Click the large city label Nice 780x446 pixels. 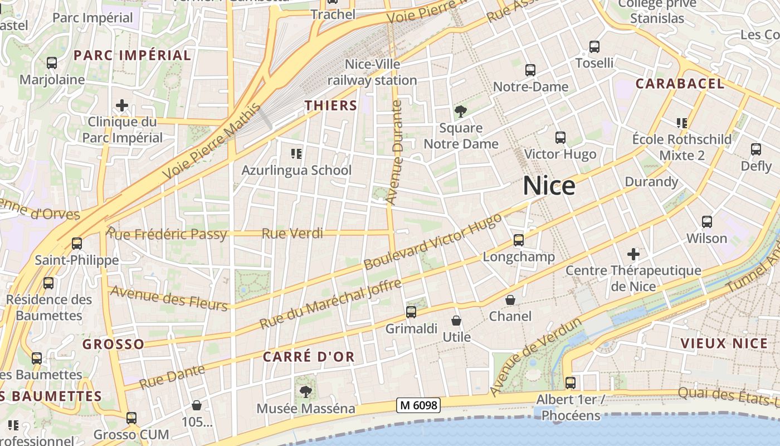pyautogui.click(x=549, y=186)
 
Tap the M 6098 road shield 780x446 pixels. pyautogui.click(x=418, y=405)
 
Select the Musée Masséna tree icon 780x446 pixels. pyautogui.click(x=305, y=392)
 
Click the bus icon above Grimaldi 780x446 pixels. pyautogui.click(x=411, y=312)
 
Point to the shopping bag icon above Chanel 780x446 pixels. pyautogui.click(x=510, y=300)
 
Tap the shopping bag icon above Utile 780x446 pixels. pyautogui.click(x=456, y=321)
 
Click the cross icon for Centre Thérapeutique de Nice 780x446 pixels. pyautogui.click(x=633, y=254)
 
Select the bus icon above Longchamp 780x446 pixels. pyautogui.click(x=519, y=240)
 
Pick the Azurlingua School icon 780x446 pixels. pyautogui.click(x=296, y=153)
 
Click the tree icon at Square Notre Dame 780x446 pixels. pyautogui.click(x=461, y=112)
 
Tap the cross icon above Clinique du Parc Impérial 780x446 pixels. pyautogui.click(x=122, y=105)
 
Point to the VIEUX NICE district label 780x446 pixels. pyautogui.click(x=724, y=343)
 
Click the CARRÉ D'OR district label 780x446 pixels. pyautogui.click(x=309, y=357)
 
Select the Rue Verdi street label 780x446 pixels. pyautogui.click(x=292, y=233)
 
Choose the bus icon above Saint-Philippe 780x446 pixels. pyautogui.click(x=77, y=244)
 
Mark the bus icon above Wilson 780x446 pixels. pyautogui.click(x=707, y=222)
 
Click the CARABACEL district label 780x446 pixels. pyautogui.click(x=680, y=84)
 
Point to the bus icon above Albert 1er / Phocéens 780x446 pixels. pyautogui.click(x=571, y=383)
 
